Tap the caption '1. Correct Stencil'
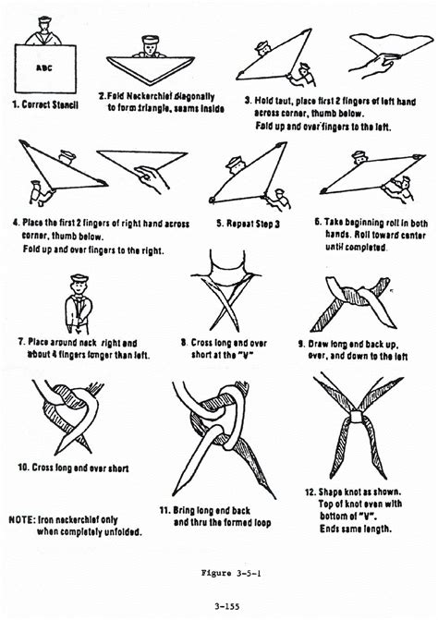46,105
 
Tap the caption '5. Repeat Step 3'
249,222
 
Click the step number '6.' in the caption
318,223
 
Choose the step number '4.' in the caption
17,222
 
